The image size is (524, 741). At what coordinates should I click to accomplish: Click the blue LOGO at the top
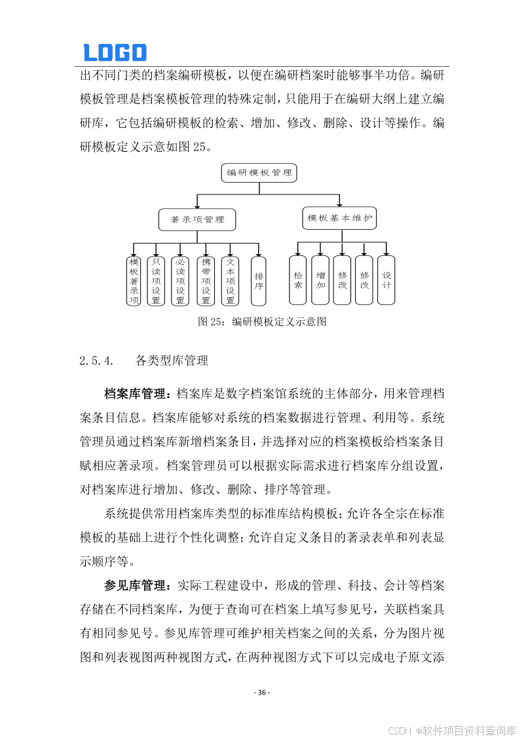pyautogui.click(x=115, y=52)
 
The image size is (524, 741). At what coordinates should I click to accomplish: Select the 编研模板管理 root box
pyautogui.click(x=259, y=173)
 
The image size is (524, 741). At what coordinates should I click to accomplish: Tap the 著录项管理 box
pyautogui.click(x=197, y=220)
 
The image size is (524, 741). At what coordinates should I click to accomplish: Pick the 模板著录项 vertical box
pyautogui.click(x=134, y=281)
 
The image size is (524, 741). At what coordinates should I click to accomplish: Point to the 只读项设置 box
pyautogui.click(x=156, y=281)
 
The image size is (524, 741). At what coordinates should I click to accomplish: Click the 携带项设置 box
pyautogui.click(x=206, y=281)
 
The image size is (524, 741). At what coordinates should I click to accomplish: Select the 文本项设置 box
pyautogui.click(x=230, y=281)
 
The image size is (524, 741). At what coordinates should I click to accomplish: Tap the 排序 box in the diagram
pyautogui.click(x=259, y=281)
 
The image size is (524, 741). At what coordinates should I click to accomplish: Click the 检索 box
pyautogui.click(x=298, y=280)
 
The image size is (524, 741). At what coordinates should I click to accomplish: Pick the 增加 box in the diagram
pyautogui.click(x=320, y=280)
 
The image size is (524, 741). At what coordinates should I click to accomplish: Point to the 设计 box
pyautogui.click(x=386, y=280)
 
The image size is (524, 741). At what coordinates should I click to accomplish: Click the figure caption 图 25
pyautogui.click(x=262, y=321)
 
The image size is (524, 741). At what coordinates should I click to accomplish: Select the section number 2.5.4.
pyautogui.click(x=96, y=360)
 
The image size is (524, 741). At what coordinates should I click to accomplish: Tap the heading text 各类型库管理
pyautogui.click(x=172, y=360)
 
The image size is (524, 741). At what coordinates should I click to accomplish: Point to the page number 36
pyautogui.click(x=262, y=693)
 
